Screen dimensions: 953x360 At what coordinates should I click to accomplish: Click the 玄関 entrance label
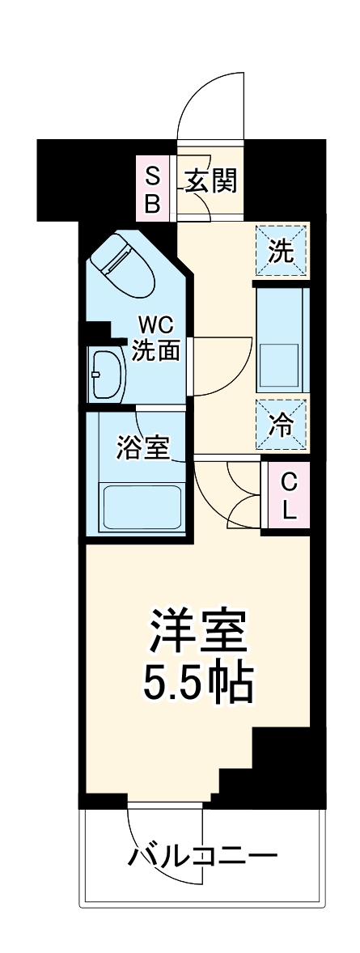[x=211, y=181]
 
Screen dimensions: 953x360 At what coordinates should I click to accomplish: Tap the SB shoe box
[x=152, y=188]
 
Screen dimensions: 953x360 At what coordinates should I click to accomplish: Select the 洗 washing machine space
[x=282, y=252]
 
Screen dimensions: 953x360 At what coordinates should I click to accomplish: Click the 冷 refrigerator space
[x=282, y=424]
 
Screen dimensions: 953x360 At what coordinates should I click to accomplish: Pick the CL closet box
[x=288, y=496]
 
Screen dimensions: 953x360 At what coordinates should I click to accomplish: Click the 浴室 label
[x=143, y=447]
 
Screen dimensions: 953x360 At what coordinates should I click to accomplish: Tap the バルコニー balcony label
[x=202, y=856]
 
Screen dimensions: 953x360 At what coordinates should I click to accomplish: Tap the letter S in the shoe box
[x=152, y=173]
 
